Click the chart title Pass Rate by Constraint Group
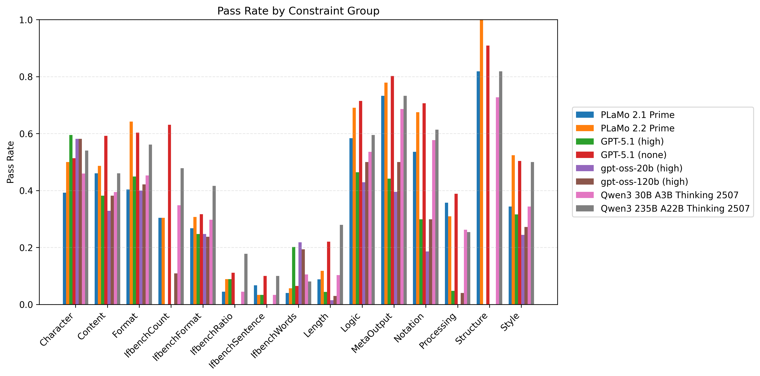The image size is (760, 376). (298, 11)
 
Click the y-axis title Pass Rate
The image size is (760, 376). (11, 162)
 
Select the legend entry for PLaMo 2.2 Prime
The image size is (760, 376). (637, 128)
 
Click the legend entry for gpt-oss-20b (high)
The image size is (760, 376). (641, 168)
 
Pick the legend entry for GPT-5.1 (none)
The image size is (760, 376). (633, 155)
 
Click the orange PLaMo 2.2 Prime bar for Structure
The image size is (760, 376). (482, 162)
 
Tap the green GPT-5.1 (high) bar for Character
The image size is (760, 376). (71, 220)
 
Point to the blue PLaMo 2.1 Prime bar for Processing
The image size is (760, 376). (446, 253)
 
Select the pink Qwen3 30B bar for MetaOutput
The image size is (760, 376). (402, 207)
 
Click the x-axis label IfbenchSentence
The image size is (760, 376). (237, 341)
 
